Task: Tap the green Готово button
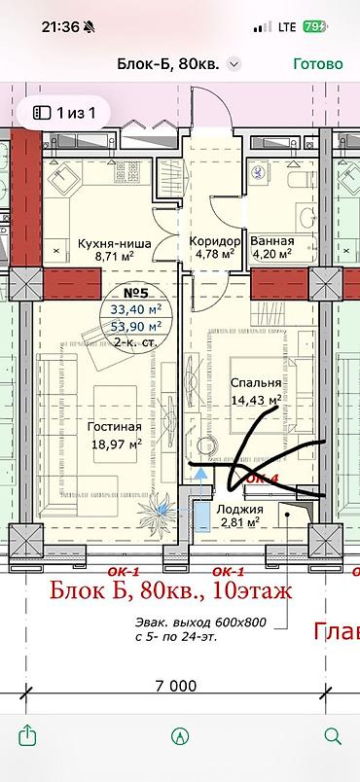(318, 64)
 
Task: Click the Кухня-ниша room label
(114, 244)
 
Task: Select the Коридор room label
(215, 241)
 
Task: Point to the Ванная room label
(272, 241)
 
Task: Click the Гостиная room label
(114, 427)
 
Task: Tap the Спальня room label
(256, 382)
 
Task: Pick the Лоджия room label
(239, 510)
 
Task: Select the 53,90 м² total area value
(136, 326)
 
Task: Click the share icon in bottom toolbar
(27, 735)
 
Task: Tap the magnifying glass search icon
(332, 735)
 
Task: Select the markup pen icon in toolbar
(179, 736)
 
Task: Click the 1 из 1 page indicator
(64, 113)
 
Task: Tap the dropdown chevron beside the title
(234, 64)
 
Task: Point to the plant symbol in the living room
(158, 508)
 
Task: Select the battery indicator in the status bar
(315, 27)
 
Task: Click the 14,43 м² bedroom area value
(256, 400)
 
